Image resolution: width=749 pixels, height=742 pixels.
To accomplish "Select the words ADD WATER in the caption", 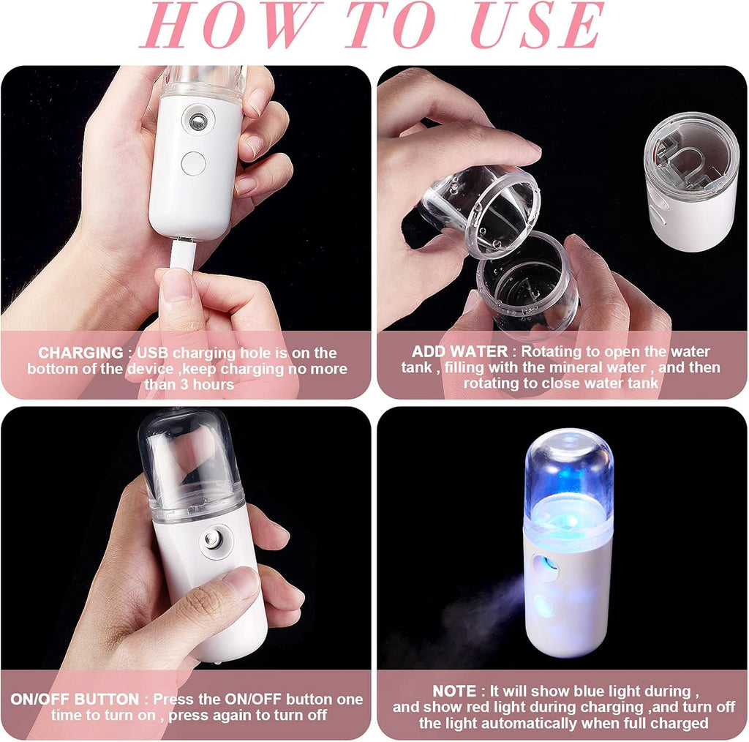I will pos(459,352).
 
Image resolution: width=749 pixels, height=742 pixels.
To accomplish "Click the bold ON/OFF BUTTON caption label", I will pos(75,700).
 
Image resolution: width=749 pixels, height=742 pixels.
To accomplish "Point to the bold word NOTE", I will pos(453,692).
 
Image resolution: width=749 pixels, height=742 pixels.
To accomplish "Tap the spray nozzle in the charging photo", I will pos(197,120).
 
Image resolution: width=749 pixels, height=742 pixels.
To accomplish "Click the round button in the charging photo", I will pos(194,162).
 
